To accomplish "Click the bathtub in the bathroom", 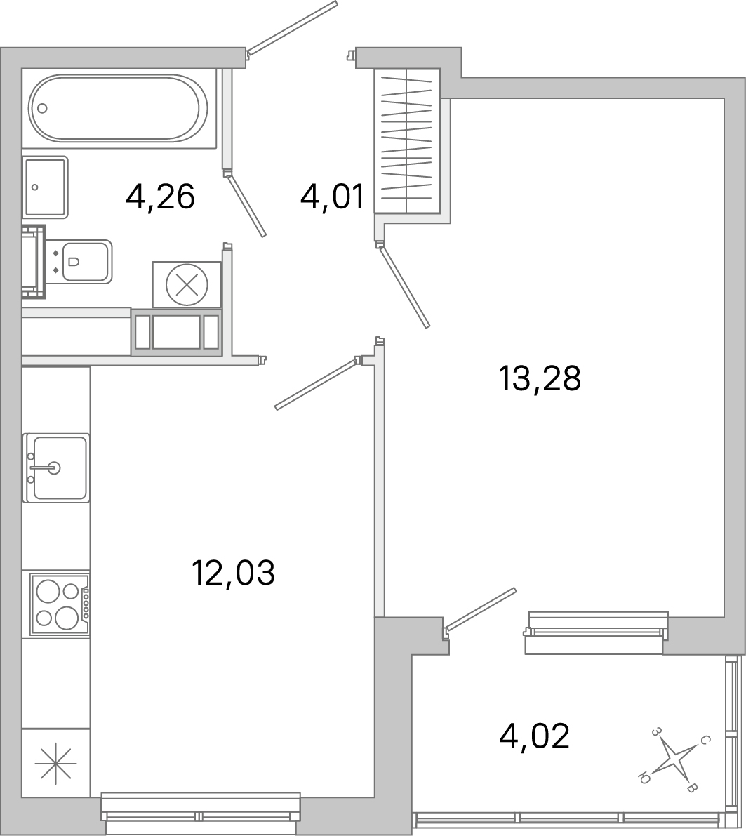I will (118, 109).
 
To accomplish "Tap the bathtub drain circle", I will (42, 108).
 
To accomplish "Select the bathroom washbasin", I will (46, 187).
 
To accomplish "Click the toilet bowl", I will (84, 262).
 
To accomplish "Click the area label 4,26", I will (160, 197).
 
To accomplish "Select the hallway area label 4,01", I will (332, 197).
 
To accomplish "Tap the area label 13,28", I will (540, 380).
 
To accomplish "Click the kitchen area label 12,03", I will (233, 573).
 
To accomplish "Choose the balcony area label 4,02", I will (534, 736).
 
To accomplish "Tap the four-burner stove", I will (58, 604).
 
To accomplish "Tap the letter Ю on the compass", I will (643, 776).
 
